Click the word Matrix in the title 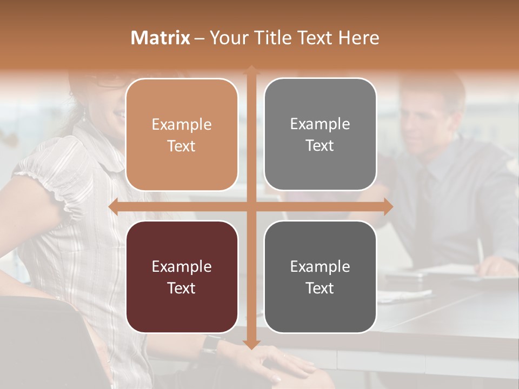click(161, 38)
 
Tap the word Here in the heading click(358, 38)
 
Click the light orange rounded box click(182, 135)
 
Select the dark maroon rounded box click(182, 277)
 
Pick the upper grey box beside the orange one click(320, 134)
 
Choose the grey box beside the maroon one click(320, 277)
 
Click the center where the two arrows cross click(251, 206)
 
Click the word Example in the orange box click(182, 124)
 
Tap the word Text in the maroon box click(182, 288)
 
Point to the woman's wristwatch click(211, 344)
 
